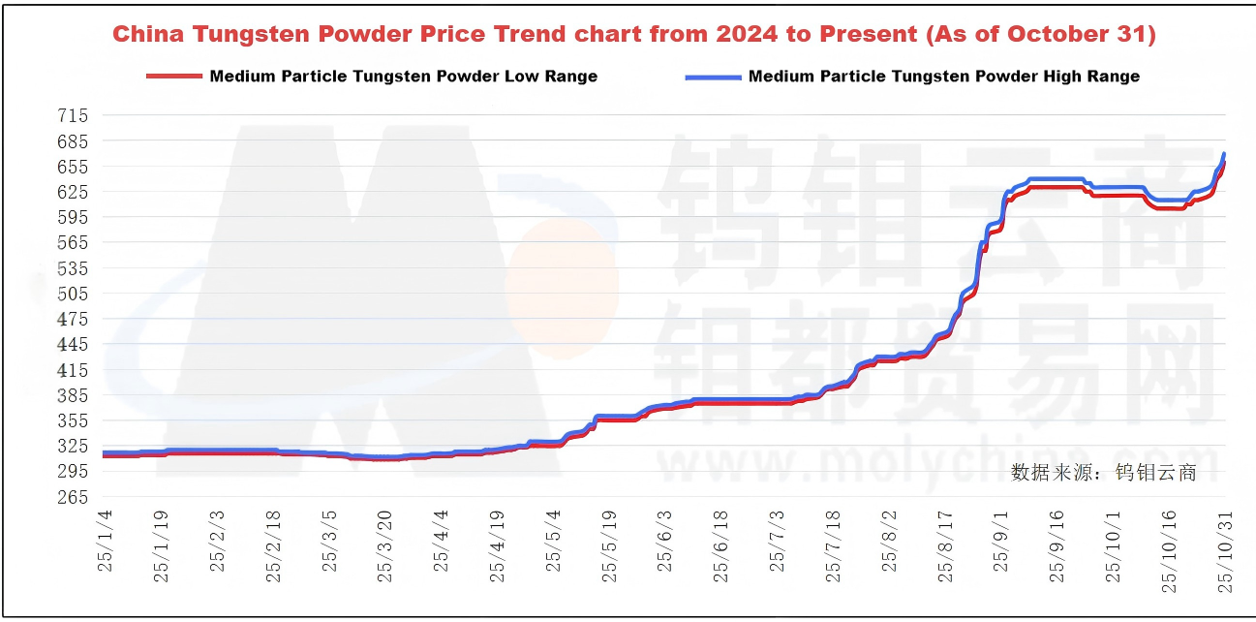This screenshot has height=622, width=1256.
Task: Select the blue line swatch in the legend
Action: click(713, 77)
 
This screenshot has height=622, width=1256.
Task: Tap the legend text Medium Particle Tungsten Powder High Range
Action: click(943, 77)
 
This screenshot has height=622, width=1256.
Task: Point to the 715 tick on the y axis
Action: click(74, 115)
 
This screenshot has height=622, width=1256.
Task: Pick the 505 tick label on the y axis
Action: click(74, 294)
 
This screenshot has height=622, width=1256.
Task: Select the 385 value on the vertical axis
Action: click(74, 395)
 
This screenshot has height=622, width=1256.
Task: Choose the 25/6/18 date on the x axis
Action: click(721, 547)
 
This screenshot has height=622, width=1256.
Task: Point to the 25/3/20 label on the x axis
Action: click(385, 547)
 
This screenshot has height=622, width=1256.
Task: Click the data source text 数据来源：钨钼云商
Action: click(1104, 473)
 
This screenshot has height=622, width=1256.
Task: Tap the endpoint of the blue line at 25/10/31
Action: click(1225, 154)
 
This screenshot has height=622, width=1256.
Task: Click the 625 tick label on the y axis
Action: click(74, 192)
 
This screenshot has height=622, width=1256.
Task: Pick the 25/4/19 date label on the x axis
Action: click(498, 547)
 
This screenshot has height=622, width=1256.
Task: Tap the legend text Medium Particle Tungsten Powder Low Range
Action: click(403, 77)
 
